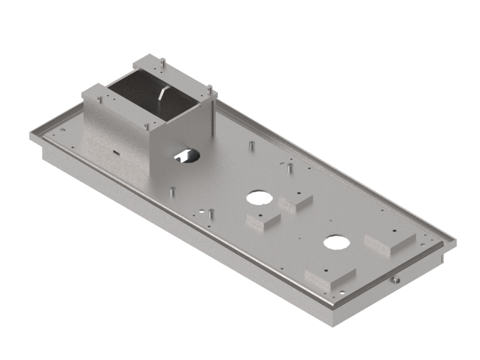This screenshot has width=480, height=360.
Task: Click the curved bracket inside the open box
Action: [163, 95]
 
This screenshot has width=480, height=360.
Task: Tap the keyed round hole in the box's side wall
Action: [186, 155]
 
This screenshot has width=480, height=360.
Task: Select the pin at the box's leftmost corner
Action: [100, 97]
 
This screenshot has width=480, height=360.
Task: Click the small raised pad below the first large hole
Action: [263, 220]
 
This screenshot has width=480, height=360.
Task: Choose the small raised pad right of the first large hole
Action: [295, 202]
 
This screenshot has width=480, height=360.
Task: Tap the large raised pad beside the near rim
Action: [329, 277]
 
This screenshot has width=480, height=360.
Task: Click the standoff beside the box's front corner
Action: [173, 191]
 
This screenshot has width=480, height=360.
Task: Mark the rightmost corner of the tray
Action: [454, 242]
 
